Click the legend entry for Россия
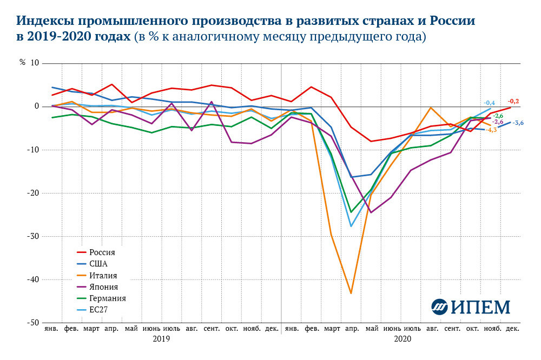coord(102,252)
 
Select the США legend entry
coord(100,264)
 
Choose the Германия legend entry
coord(108,298)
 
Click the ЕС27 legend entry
coord(100,310)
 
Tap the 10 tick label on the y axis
coord(35,63)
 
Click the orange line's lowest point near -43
coord(351,294)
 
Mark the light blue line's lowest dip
coord(351,226)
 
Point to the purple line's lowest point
coord(371,212)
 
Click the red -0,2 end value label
coord(513,101)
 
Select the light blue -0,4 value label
coord(489,103)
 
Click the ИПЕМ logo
coord(471,306)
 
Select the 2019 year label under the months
coord(161,339)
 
